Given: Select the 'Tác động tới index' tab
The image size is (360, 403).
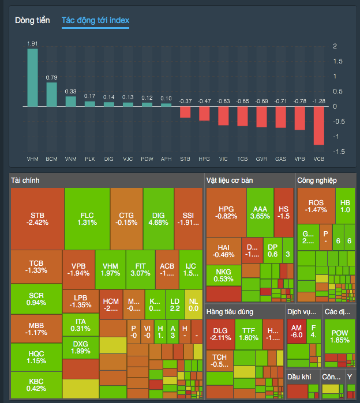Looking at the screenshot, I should (95, 21).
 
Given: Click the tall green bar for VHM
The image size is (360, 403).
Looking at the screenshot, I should (33, 77).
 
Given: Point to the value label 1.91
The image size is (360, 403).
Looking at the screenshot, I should (33, 43).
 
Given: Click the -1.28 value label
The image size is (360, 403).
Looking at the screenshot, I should (318, 101).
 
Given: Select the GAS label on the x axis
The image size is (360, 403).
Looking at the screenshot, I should (280, 158).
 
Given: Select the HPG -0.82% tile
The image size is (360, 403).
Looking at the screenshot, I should (225, 212).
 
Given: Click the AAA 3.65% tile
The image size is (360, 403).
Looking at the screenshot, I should (260, 212).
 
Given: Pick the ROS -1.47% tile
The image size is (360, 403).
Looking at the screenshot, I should (316, 206).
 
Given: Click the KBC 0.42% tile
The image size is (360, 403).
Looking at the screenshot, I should (37, 385).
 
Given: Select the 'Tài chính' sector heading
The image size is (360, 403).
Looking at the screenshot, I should (26, 180).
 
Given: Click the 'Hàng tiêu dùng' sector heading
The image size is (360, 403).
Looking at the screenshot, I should (229, 312).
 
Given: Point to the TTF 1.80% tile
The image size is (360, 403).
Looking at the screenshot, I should (249, 334).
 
